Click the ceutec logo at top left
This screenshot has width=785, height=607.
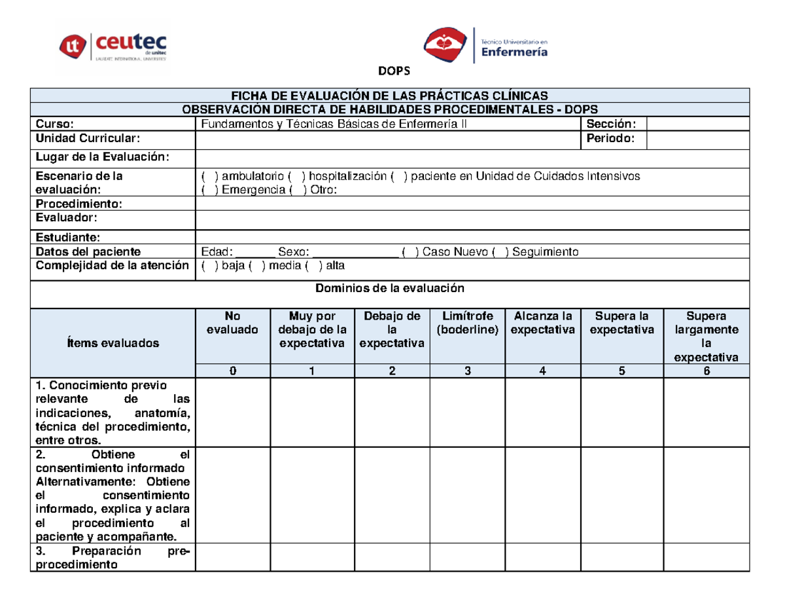click(114, 45)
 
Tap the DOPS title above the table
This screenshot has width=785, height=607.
click(392, 72)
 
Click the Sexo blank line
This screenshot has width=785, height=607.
click(356, 252)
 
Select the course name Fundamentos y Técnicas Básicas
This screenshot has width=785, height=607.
click(334, 124)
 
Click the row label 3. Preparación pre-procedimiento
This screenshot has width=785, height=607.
click(113, 557)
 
